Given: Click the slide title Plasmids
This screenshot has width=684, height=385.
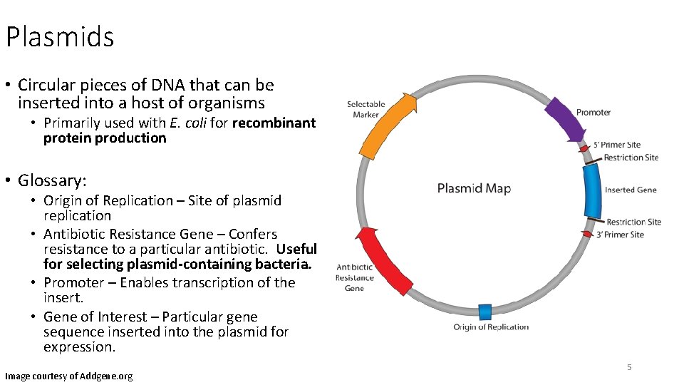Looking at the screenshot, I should (x=60, y=36).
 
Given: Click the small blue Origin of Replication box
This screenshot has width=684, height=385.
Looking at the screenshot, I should (x=484, y=312).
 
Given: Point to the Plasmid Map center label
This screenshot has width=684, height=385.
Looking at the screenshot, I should (x=474, y=188).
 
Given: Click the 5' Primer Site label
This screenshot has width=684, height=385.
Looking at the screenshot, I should (x=617, y=145).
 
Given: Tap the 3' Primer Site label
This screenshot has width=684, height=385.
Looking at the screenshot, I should (x=619, y=235).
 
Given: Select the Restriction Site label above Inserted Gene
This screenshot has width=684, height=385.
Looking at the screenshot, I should (x=631, y=158).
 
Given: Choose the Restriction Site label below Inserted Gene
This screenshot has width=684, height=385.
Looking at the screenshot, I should (x=633, y=222).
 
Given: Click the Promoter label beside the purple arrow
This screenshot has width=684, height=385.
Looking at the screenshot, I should (x=593, y=112).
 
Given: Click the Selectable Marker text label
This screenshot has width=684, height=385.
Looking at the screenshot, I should (x=366, y=110).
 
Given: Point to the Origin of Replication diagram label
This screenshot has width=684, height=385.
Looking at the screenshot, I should (x=491, y=327).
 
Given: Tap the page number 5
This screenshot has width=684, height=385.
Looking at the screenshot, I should (x=629, y=367).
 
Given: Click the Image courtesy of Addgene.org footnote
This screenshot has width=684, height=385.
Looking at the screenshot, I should (x=68, y=376).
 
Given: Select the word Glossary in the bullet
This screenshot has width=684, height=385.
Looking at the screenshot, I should (x=49, y=180).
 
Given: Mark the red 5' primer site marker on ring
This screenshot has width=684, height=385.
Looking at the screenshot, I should (x=585, y=149).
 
